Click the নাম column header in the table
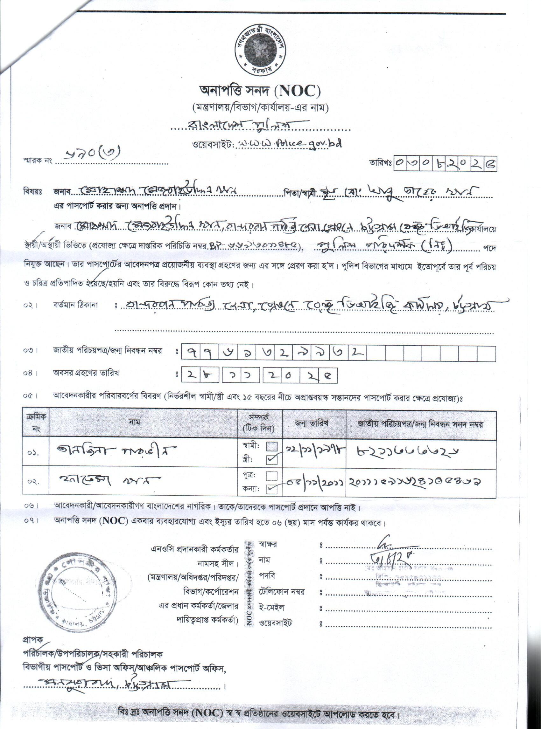point(135,423)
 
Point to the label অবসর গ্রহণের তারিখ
point(86,373)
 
